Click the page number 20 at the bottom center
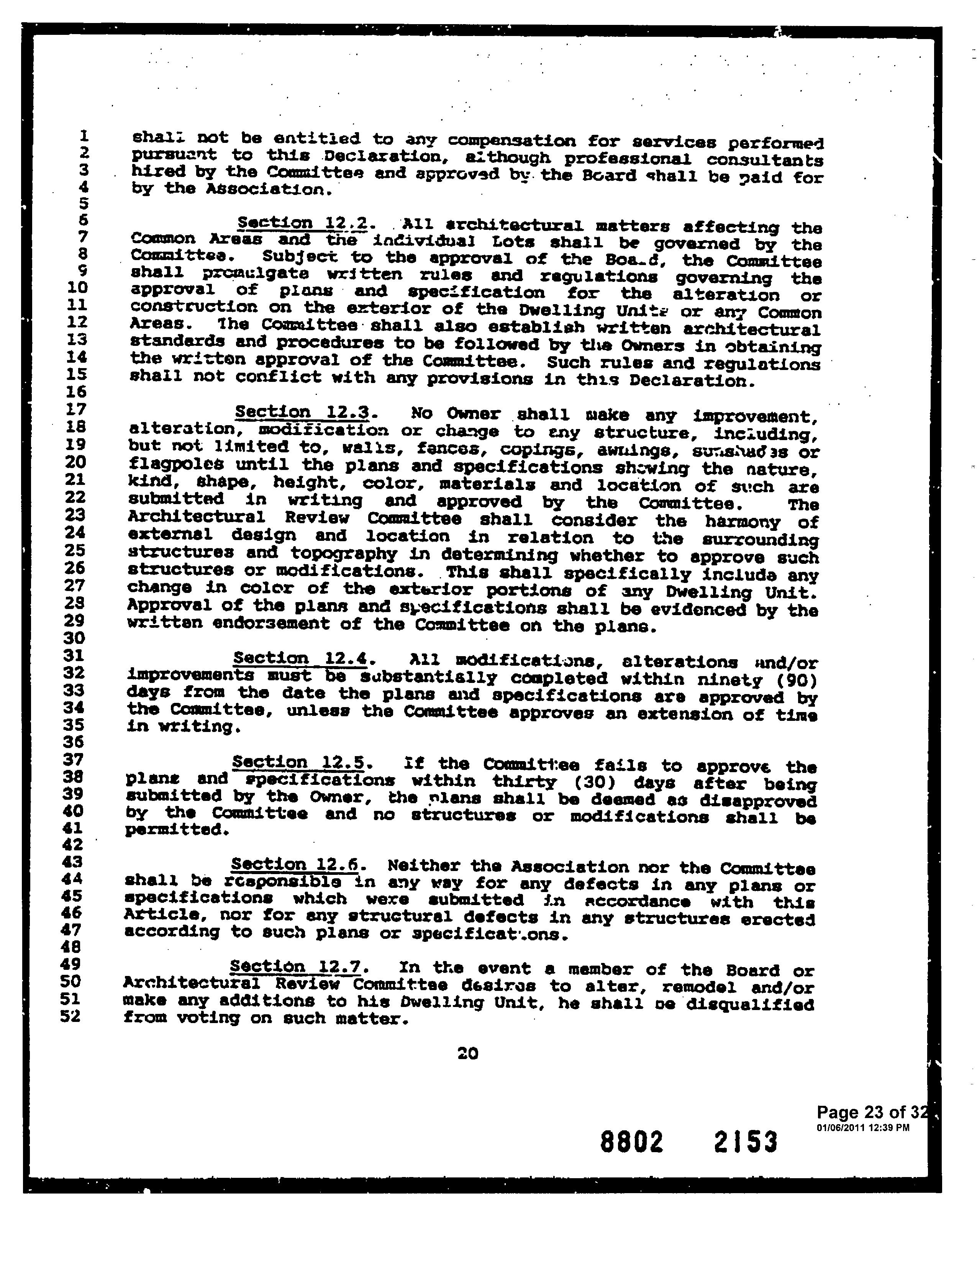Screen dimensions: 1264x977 pyautogui.click(x=468, y=1053)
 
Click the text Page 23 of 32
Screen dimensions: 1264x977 pyautogui.click(x=873, y=1112)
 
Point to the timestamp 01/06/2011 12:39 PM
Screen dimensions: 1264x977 pyautogui.click(x=862, y=1127)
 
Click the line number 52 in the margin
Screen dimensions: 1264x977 pyautogui.click(x=72, y=1016)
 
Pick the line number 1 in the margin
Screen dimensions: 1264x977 pyautogui.click(x=84, y=136)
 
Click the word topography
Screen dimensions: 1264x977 pyautogui.click(x=343, y=554)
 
